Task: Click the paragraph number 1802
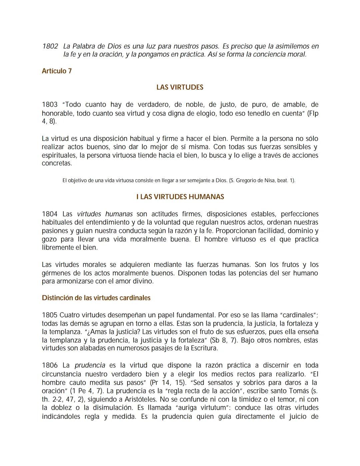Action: tap(50, 46)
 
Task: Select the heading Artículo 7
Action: tap(57, 71)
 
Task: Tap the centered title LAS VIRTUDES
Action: tap(180, 87)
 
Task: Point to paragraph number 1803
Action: tap(50, 105)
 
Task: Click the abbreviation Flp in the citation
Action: tap(313, 113)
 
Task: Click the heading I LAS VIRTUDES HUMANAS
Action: tap(180, 197)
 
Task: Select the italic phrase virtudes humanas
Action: tap(105, 214)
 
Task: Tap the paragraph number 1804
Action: tap(50, 214)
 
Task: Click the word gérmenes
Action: tap(55, 273)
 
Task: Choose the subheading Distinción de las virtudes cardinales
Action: tap(96, 298)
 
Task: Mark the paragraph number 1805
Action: tap(50, 315)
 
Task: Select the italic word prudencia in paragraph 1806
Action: tap(90, 366)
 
